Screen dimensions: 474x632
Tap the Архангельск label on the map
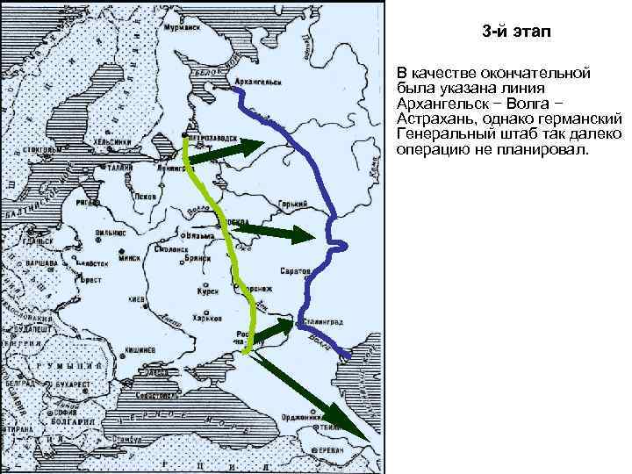[x=257, y=83]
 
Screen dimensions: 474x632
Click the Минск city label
[x=130, y=260]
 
